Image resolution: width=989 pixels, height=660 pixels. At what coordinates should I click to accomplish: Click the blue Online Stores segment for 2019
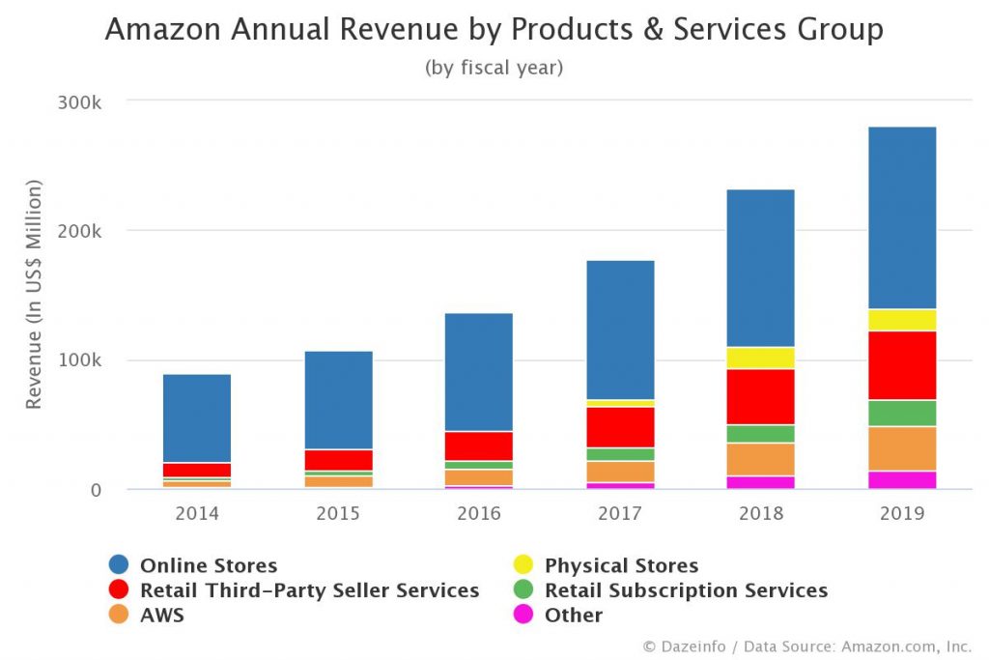click(902, 217)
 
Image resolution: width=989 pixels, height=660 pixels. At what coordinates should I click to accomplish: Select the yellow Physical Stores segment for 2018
click(761, 358)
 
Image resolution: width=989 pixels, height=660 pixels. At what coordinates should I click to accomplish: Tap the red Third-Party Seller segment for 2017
click(620, 427)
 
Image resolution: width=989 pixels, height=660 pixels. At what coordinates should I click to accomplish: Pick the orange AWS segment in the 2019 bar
click(902, 448)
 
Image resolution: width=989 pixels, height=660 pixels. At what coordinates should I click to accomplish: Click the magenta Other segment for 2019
click(902, 479)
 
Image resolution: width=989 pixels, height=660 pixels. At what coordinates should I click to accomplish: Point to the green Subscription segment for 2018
click(761, 433)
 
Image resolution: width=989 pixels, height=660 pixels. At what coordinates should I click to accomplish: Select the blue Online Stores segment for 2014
click(197, 418)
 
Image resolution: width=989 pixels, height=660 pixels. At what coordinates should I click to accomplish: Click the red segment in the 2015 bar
click(338, 460)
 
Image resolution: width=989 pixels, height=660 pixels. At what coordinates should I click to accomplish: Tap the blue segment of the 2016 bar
click(479, 372)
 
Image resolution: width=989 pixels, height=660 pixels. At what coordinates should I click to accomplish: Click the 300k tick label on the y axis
click(81, 101)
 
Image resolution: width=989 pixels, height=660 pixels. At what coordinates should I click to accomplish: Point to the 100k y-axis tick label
click(81, 360)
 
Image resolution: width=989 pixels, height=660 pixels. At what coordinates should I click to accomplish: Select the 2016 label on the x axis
click(479, 513)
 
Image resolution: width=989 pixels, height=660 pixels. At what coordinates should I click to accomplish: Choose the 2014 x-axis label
click(197, 513)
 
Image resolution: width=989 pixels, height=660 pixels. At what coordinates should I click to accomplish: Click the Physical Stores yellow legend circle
click(523, 566)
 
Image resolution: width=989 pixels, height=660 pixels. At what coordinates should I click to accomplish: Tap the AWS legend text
click(162, 616)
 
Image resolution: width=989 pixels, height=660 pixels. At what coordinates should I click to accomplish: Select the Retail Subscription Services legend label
click(686, 590)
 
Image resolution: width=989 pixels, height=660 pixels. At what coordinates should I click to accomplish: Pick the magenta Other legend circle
click(523, 616)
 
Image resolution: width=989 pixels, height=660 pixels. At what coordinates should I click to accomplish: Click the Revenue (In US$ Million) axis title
click(34, 294)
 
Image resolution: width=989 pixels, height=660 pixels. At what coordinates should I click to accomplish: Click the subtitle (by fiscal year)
click(494, 68)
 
